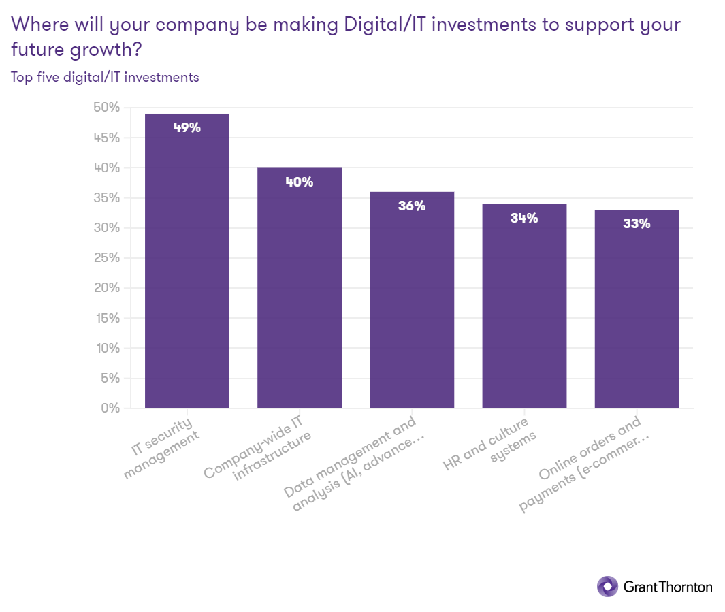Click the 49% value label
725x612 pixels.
coord(187,127)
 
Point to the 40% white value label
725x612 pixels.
coord(300,182)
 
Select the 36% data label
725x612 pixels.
coord(412,206)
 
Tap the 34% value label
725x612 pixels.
coord(524,218)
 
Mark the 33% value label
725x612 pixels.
coord(637,223)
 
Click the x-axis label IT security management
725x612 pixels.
coord(163,446)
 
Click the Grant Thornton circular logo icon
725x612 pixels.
coord(607,586)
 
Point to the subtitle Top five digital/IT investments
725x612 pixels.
coord(105,77)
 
